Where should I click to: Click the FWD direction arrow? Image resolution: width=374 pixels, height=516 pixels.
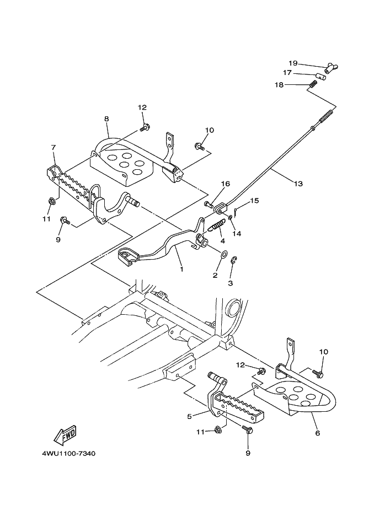65,434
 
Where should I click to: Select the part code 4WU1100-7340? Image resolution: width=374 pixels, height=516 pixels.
68,454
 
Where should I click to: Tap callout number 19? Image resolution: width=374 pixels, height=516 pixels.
293,63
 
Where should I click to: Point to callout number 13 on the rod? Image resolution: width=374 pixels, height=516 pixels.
298,184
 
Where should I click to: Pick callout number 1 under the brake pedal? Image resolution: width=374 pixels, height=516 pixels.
180,270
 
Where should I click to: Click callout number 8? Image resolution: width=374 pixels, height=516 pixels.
106,119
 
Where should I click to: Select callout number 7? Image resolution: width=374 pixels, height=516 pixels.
54,148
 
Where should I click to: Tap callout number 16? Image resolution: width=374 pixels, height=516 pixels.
225,184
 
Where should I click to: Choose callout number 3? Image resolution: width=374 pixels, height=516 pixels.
231,282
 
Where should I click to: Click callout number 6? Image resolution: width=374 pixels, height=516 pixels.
317,433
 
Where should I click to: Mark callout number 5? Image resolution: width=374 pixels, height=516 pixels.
190,417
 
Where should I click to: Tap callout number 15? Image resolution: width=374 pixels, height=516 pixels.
254,200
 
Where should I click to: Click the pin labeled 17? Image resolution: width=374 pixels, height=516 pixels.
320,77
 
